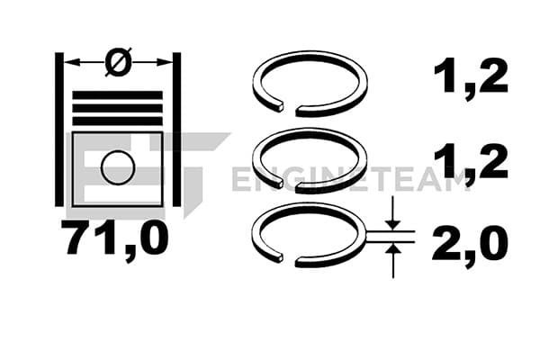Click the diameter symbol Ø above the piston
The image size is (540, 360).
pyautogui.click(x=118, y=62)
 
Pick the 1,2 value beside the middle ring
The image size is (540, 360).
pyautogui.click(x=471, y=160)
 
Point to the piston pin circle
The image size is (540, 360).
pyautogui.click(x=118, y=167)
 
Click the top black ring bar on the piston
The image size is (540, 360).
pyautogui.click(x=117, y=95)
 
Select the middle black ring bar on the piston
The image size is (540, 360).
pyautogui.click(x=117, y=108)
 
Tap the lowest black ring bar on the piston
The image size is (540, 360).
pyautogui.click(x=117, y=121)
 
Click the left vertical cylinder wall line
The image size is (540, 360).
pyautogui.click(x=59, y=130)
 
